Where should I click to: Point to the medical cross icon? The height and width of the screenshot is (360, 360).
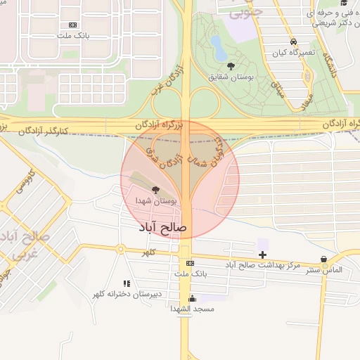263,254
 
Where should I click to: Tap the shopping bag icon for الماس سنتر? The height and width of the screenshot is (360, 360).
323,259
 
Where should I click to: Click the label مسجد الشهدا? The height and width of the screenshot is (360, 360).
192,309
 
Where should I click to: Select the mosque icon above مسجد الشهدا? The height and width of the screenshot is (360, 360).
192,299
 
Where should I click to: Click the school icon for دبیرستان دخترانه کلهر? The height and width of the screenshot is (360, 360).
127,283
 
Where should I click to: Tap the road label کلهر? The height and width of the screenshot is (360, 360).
148,252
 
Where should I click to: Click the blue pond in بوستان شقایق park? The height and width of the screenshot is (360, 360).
219,48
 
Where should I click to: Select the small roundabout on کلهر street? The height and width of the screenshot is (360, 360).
120,249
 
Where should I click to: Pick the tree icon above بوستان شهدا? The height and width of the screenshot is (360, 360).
155,190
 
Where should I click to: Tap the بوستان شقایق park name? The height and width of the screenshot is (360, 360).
231,77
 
